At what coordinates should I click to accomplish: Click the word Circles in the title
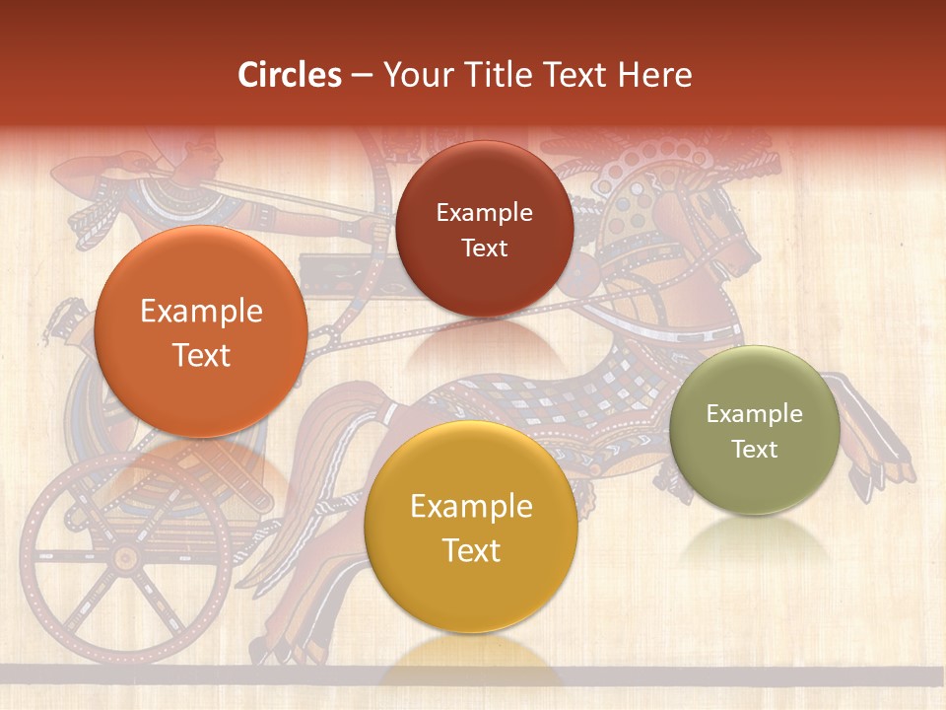coord(290,75)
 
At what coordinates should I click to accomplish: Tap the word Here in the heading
coord(655,75)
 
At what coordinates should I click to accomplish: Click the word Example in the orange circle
coord(201,312)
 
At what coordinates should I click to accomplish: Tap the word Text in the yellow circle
coord(471,550)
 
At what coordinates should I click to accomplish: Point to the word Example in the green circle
coord(755,413)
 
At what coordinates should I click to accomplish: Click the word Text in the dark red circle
coord(485,248)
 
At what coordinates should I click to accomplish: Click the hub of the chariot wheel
coord(125,558)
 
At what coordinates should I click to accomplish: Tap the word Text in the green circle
coord(755,449)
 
